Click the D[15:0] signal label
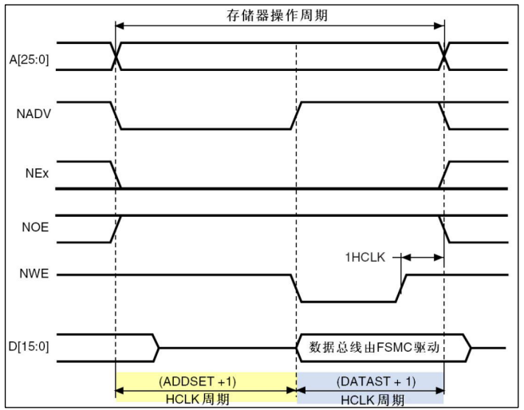coord(33,348)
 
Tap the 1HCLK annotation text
coord(364,257)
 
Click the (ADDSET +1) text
coord(206,381)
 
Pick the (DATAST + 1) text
coord(371,381)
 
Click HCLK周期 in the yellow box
coord(206,397)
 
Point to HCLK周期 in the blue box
coord(371,397)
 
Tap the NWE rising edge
coord(401,289)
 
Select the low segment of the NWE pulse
coord(348,302)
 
